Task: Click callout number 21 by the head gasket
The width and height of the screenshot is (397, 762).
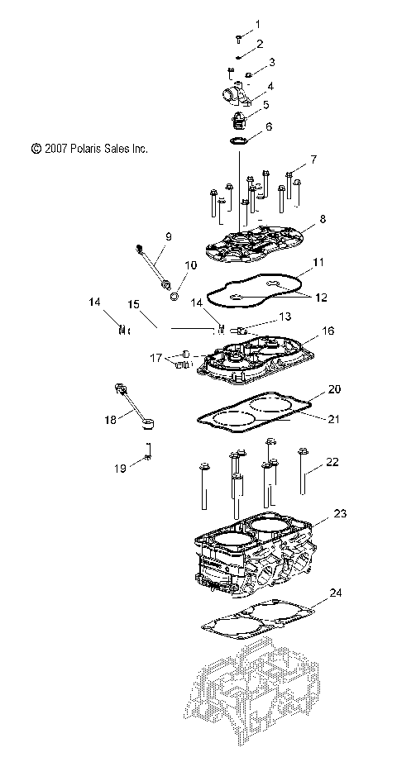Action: click(333, 419)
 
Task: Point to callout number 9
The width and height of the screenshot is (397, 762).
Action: click(168, 236)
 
